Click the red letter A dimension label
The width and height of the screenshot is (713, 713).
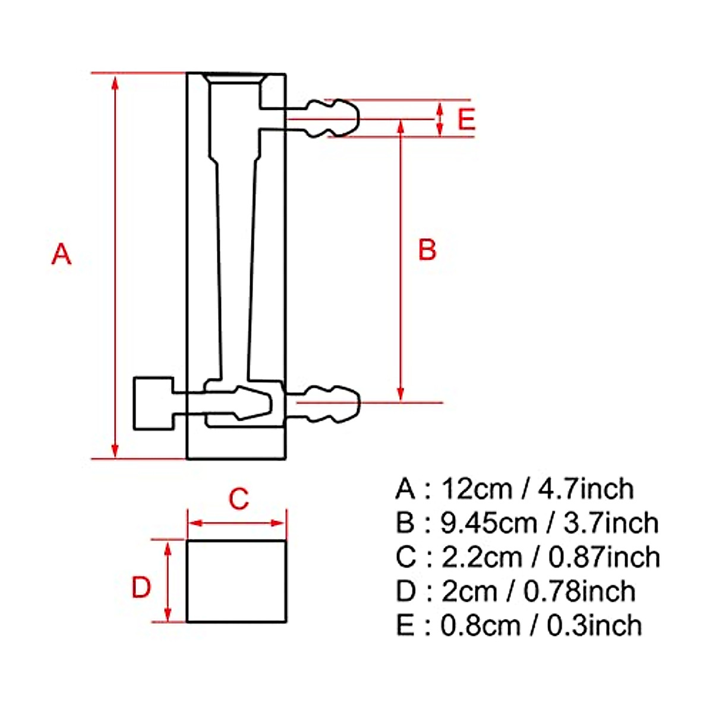pos(61,254)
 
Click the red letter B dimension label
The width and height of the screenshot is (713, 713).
pos(427,250)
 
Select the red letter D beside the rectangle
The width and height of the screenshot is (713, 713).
pos(141,588)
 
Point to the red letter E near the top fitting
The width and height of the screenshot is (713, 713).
pos(466,119)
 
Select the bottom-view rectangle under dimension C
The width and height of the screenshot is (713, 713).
pos(236,581)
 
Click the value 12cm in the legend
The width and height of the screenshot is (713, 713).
pos(477,489)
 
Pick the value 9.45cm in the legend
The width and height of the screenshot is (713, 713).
pos(489,523)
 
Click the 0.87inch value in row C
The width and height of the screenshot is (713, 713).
pos(604,557)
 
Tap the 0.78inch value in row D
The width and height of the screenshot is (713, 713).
pos(580,591)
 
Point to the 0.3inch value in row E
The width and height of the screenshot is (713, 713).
pos(594,626)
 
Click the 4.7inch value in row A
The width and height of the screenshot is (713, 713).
pos(586,489)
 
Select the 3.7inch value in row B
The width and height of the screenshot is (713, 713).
pos(611,523)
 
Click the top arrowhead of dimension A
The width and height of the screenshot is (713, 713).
pos(116,82)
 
